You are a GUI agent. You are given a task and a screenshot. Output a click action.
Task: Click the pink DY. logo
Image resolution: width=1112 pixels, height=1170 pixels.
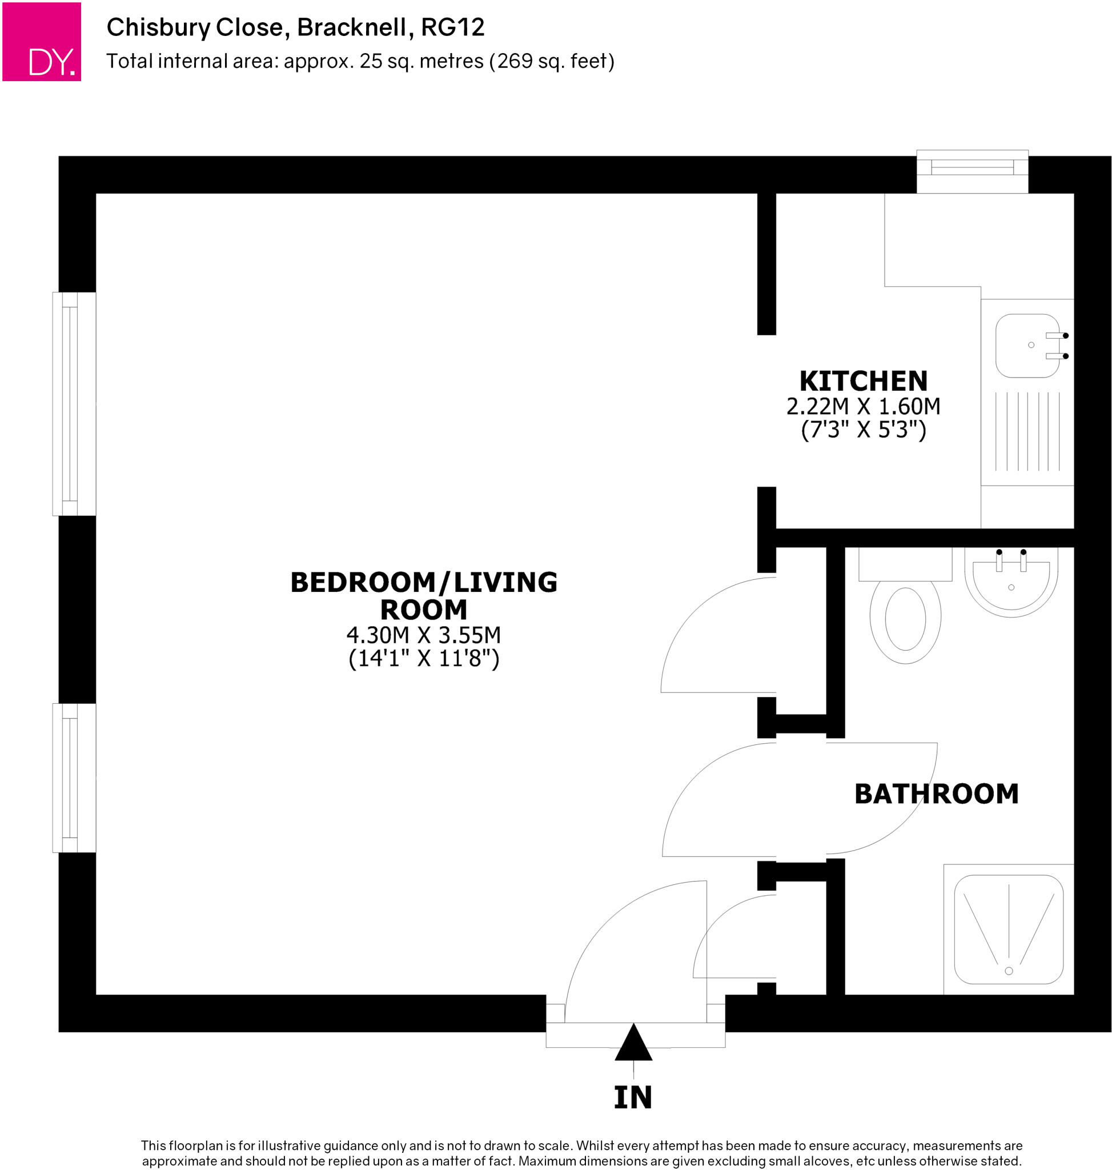[42, 42]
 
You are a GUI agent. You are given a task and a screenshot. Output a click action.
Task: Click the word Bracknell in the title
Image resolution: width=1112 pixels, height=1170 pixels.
[351, 27]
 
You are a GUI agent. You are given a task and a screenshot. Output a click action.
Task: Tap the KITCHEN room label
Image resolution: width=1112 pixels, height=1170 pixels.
[863, 380]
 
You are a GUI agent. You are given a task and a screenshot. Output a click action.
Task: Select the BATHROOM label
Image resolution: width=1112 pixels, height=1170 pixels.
[937, 794]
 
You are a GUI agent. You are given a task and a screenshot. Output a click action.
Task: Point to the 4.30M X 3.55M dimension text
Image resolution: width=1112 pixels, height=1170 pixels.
[423, 635]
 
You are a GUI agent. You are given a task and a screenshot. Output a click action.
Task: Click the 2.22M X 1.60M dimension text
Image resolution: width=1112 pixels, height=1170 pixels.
[863, 406]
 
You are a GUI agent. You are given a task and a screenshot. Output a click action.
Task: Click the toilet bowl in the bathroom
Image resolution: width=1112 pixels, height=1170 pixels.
[905, 620]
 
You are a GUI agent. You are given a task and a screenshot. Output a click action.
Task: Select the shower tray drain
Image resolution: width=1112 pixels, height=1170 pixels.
[1009, 971]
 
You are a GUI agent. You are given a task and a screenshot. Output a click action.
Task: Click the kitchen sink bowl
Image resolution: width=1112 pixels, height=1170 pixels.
[1027, 346]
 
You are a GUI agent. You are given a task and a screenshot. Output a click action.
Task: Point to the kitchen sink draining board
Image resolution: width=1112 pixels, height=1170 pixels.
[1027, 432]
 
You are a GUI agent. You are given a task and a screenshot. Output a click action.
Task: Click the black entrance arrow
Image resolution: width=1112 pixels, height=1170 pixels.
[633, 1043]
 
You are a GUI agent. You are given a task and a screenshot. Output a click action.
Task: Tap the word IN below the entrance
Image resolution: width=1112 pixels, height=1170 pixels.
[633, 1097]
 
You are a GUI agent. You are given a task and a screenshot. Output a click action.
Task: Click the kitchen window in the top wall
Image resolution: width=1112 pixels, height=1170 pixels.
[972, 171]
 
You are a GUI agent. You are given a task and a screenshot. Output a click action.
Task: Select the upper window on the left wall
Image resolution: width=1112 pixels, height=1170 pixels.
[74, 404]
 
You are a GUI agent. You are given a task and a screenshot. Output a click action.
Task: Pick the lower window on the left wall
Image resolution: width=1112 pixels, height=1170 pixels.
[74, 778]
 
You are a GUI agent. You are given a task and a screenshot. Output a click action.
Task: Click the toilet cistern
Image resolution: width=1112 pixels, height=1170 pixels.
[905, 564]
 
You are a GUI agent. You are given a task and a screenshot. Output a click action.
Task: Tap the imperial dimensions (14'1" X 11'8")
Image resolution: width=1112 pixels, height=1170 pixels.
[423, 658]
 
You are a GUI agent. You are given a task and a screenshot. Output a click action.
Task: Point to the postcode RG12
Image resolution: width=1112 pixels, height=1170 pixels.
[452, 27]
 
